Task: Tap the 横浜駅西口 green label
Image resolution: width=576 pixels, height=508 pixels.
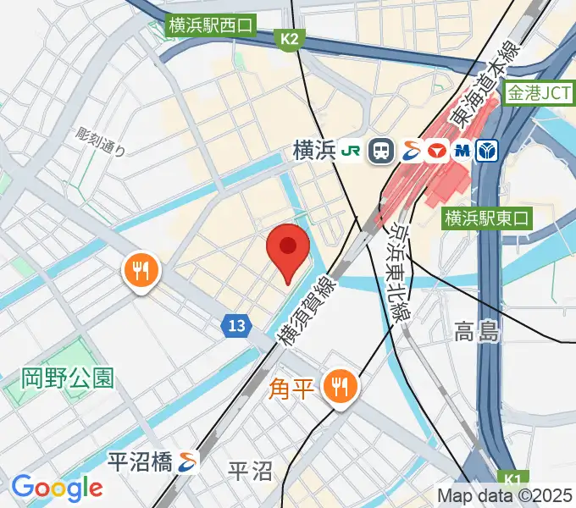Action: [x=212, y=26]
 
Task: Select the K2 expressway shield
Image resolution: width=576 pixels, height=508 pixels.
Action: [x=291, y=39]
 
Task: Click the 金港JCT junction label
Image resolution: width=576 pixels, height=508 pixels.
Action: [x=539, y=94]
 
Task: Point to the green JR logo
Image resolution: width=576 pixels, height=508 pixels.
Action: [x=352, y=151]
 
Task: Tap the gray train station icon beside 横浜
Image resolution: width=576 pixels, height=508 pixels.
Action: [x=383, y=151]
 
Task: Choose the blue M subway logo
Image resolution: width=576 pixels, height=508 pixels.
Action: [x=462, y=151]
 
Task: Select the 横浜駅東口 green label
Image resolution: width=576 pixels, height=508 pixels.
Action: [x=486, y=218]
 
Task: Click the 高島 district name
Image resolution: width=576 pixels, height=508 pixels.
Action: [x=476, y=331]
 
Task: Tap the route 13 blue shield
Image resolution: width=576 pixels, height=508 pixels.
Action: [x=237, y=324]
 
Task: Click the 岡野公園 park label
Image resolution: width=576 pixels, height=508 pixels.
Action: [x=68, y=377]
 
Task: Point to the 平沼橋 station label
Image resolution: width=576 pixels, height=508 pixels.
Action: [x=141, y=461]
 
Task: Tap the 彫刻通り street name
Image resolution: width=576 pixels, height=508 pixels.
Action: [x=100, y=141]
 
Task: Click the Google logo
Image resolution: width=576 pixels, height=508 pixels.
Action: [x=57, y=488]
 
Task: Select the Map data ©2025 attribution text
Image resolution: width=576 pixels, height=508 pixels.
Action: [x=505, y=495]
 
